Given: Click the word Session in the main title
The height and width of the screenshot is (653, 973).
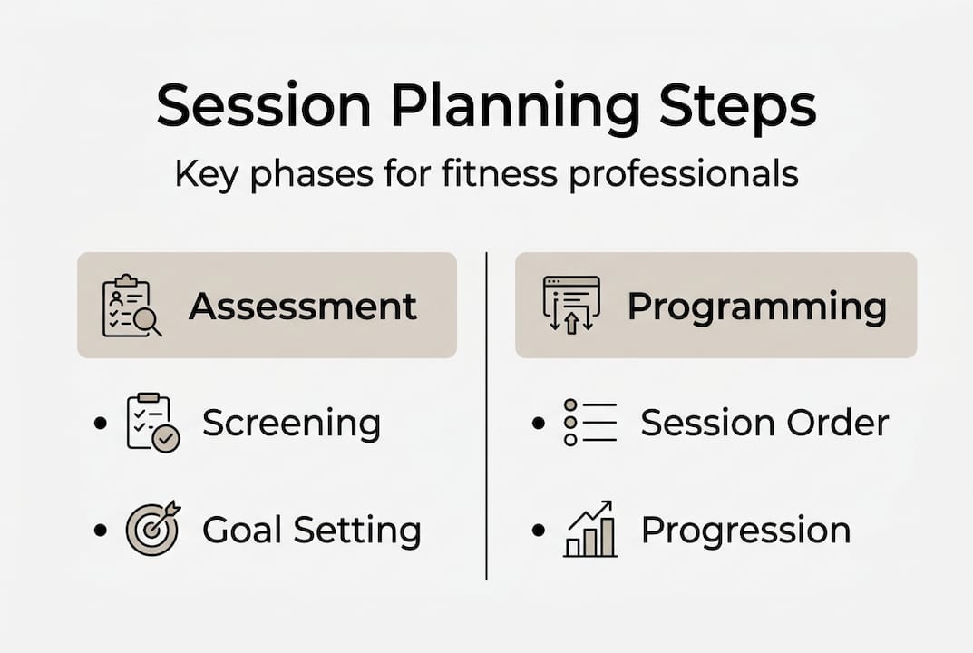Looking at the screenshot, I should click(264, 107).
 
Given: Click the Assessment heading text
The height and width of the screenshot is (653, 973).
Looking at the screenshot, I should click(303, 307).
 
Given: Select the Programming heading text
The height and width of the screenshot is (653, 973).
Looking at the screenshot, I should click(756, 307).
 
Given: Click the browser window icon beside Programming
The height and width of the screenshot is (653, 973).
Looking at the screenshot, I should click(571, 305).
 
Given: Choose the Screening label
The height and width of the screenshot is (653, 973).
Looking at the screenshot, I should click(291, 424).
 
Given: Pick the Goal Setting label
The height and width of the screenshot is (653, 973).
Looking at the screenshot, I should click(311, 530).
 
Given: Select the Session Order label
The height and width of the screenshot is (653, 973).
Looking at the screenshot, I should click(764, 423).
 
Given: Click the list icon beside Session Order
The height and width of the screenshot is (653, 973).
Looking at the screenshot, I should click(589, 423).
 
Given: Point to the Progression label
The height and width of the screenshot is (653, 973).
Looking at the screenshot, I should click(745, 530).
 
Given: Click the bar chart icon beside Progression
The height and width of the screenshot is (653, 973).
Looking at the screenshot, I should click(589, 529).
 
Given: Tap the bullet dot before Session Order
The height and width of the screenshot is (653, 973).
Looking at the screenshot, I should click(539, 424).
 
